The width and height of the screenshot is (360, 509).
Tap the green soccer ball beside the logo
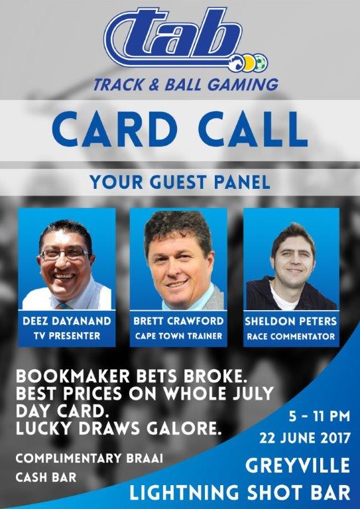pyautogui.click(x=263, y=63)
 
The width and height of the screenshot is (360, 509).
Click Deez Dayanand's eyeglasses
pyautogui.click(x=64, y=254)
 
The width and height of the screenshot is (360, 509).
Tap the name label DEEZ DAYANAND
pyautogui.click(x=67, y=321)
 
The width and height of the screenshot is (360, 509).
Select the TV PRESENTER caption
pyautogui.click(x=67, y=336)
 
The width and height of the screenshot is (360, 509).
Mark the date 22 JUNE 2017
pyautogui.click(x=305, y=439)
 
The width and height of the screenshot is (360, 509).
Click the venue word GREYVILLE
pyautogui.click(x=298, y=466)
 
